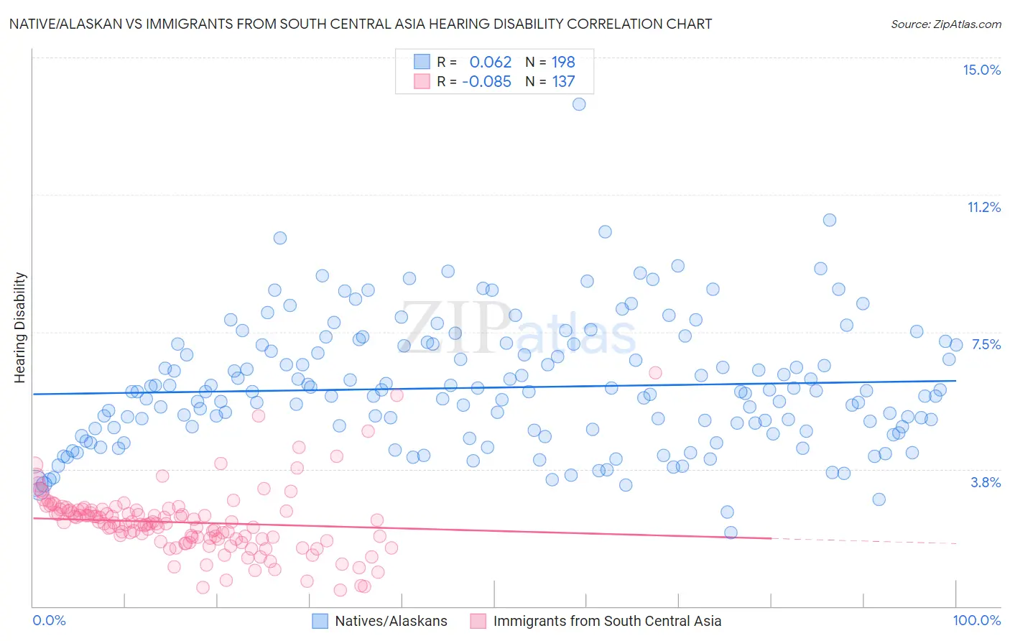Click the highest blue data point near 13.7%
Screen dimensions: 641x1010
click(578, 104)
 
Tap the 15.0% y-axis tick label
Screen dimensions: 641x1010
click(981, 70)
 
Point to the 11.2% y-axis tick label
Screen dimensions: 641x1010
click(983, 207)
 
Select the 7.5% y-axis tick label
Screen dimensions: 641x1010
click(986, 344)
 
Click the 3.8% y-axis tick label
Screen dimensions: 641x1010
click(986, 482)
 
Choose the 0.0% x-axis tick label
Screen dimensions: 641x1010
click(49, 620)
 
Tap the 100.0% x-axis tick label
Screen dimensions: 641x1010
click(976, 620)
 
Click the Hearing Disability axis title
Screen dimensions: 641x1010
click(20, 327)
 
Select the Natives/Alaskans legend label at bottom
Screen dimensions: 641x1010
click(391, 621)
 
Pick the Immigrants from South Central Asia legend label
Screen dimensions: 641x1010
click(607, 621)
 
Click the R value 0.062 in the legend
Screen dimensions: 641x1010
click(490, 63)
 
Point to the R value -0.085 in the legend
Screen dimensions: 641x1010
click(486, 82)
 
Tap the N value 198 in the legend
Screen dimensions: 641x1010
click(563, 63)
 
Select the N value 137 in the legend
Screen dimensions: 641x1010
click(563, 82)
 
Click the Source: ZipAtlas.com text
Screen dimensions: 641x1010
click(945, 24)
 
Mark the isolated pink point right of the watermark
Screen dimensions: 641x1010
click(655, 372)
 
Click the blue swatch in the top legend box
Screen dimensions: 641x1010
click(421, 63)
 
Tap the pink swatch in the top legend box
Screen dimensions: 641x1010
click(421, 82)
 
